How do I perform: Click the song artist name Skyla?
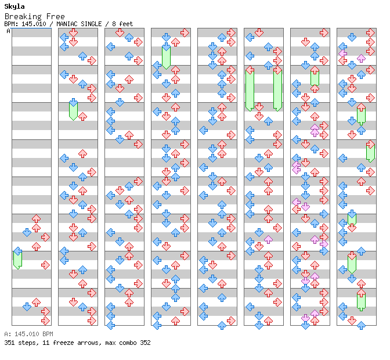[x=15, y=6]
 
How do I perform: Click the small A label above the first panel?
[x=9, y=31]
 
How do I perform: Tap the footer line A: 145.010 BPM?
[x=28, y=334]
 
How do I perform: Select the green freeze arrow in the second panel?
[x=73, y=109]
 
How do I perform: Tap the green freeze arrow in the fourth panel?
[x=166, y=56]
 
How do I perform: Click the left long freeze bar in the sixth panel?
[x=250, y=88]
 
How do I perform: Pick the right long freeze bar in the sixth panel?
[x=277, y=88]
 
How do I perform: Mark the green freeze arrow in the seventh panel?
[x=315, y=77]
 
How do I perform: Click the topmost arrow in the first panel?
[x=36, y=219]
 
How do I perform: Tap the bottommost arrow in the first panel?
[x=45, y=321]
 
